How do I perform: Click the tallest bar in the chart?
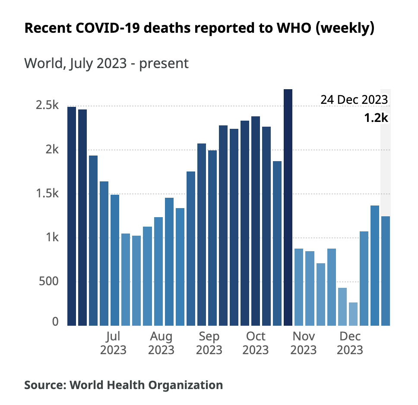288,207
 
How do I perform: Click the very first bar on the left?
72,215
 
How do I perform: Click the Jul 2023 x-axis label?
113,343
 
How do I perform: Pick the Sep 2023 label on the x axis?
210,343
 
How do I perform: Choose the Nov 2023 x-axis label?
303,343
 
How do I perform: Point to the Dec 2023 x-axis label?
350,343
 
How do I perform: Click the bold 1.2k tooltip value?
376,117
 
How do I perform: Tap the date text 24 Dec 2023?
354,100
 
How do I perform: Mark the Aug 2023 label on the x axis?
161,343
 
